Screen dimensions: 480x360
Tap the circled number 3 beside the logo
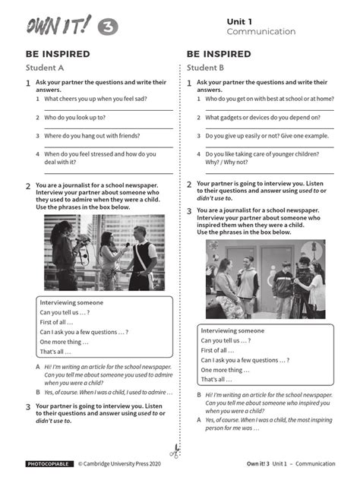(108, 27)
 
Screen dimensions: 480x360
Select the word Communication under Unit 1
(261, 32)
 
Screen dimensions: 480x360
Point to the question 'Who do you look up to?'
(74, 117)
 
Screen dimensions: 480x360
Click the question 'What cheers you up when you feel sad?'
(96, 99)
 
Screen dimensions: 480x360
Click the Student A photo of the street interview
(103, 253)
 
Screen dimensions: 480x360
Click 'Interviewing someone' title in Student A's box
(71, 302)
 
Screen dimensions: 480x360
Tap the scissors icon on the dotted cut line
(176, 450)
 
